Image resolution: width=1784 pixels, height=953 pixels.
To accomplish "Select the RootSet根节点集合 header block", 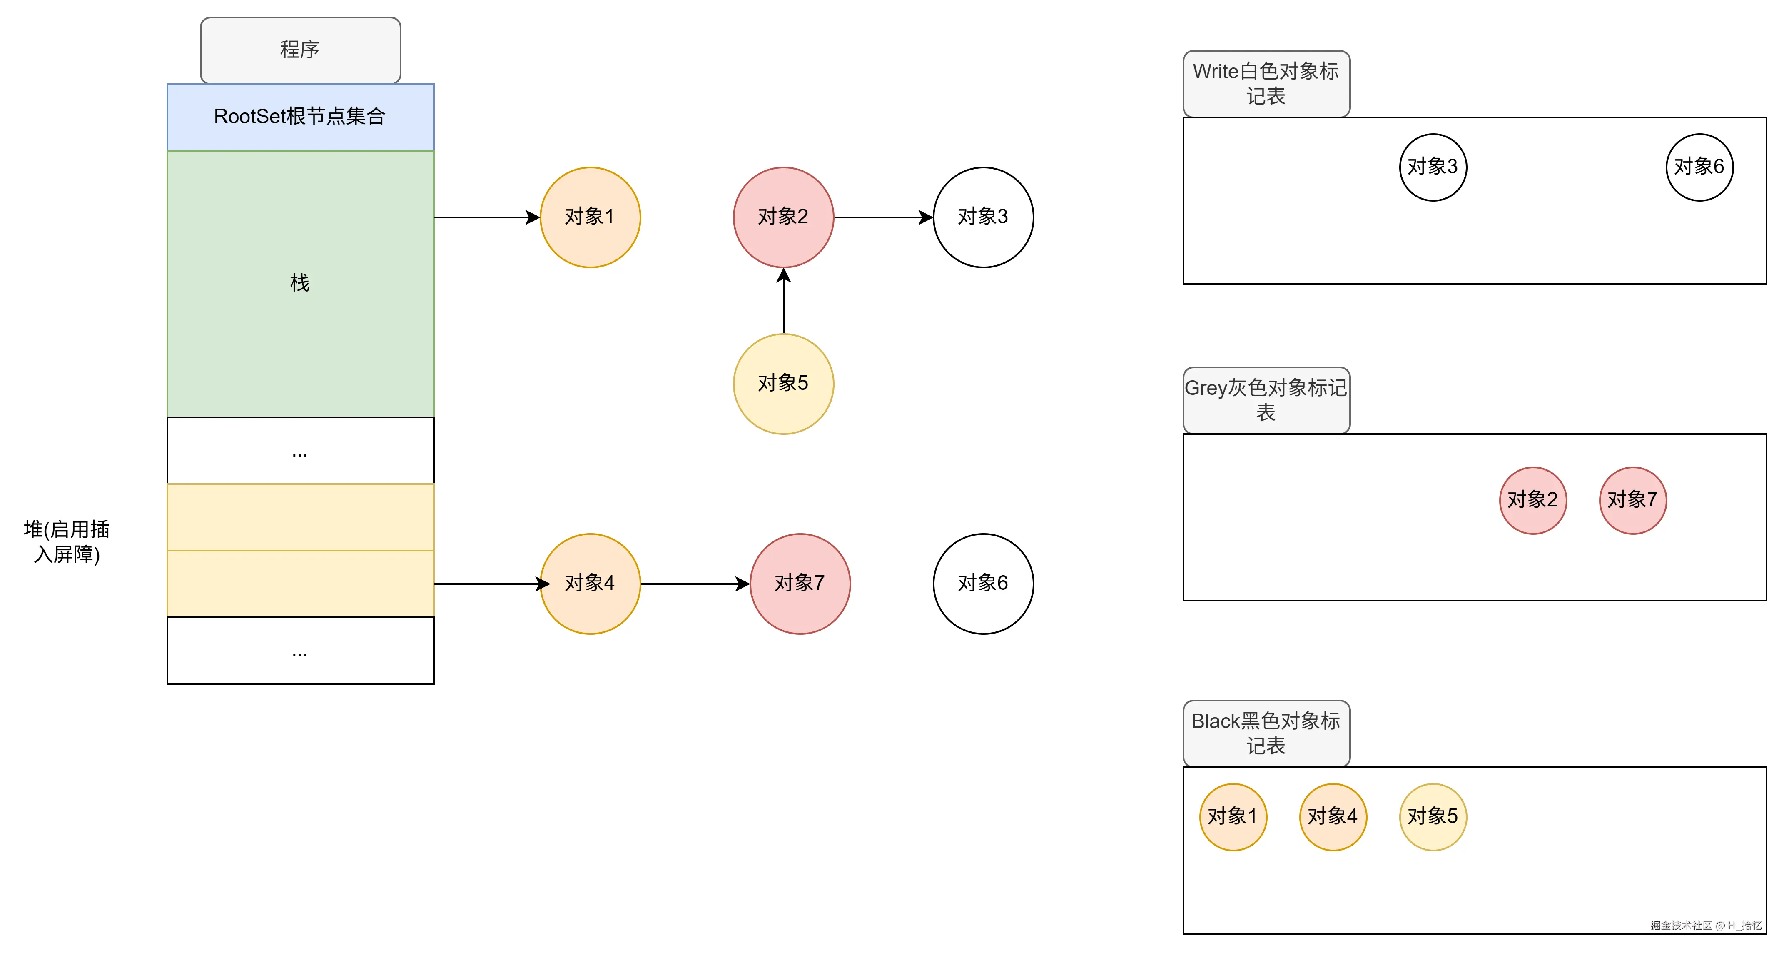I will (x=300, y=116).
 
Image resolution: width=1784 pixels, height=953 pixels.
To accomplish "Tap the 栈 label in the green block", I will (x=300, y=282).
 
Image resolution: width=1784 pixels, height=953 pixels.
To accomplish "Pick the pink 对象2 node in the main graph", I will (x=783, y=217).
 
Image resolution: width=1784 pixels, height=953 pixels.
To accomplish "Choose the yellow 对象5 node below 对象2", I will (x=783, y=384).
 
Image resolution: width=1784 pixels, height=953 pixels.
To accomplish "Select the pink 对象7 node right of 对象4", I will (x=800, y=583).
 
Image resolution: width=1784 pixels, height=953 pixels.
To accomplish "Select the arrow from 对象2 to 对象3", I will (x=883, y=217).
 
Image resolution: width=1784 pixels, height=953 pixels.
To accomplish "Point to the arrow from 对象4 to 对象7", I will (x=695, y=584).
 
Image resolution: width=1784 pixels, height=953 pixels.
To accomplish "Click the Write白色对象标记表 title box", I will (x=1266, y=84).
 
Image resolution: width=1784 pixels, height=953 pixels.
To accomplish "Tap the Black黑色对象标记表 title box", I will (x=1266, y=733).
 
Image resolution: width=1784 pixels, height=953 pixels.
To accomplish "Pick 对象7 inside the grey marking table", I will (x=1632, y=500).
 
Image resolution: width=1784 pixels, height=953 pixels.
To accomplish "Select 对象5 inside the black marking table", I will (x=1433, y=816).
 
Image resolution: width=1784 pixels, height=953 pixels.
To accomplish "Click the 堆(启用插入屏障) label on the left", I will (x=67, y=541).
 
